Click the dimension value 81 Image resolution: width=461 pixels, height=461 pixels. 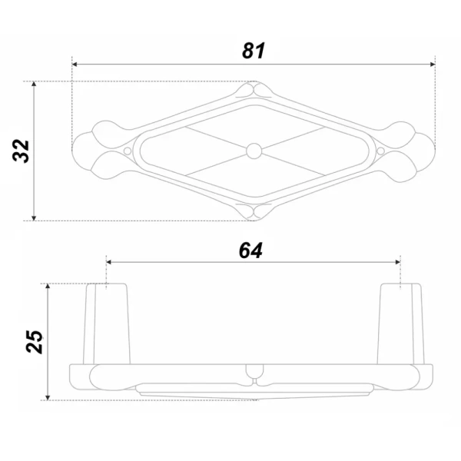254,51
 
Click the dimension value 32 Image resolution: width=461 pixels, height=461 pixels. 22,151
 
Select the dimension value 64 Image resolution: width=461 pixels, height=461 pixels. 250,250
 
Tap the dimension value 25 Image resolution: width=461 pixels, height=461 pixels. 34,341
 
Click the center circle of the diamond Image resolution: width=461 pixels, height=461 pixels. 254,151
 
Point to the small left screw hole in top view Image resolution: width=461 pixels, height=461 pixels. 128,151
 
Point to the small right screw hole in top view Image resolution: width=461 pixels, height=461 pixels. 380,151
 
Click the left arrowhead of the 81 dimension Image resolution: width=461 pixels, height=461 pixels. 75,64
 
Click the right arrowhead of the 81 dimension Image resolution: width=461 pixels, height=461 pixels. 432,64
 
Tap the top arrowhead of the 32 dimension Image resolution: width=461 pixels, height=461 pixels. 34,84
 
